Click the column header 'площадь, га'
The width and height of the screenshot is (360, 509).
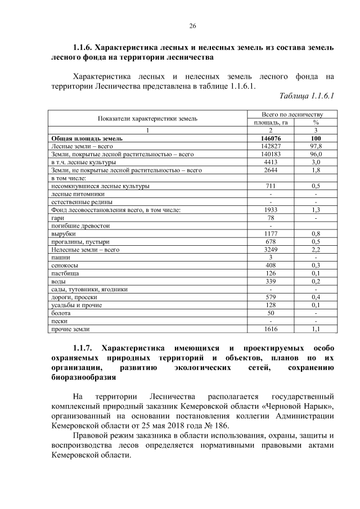coord(271,122)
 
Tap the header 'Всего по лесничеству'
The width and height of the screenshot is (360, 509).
coord(292,114)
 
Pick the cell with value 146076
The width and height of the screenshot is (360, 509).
coord(271,138)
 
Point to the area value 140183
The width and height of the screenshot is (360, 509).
coord(271,154)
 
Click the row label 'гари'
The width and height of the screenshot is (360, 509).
coord(57,217)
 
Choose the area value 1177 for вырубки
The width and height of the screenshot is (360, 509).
coord(271,233)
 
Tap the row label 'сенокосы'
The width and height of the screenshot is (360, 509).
coord(64,264)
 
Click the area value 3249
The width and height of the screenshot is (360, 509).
coord(271,249)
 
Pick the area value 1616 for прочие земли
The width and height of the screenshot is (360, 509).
coord(271,328)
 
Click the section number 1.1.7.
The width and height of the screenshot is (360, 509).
coord(87,348)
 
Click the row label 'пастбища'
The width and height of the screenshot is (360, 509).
coord(64,273)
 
